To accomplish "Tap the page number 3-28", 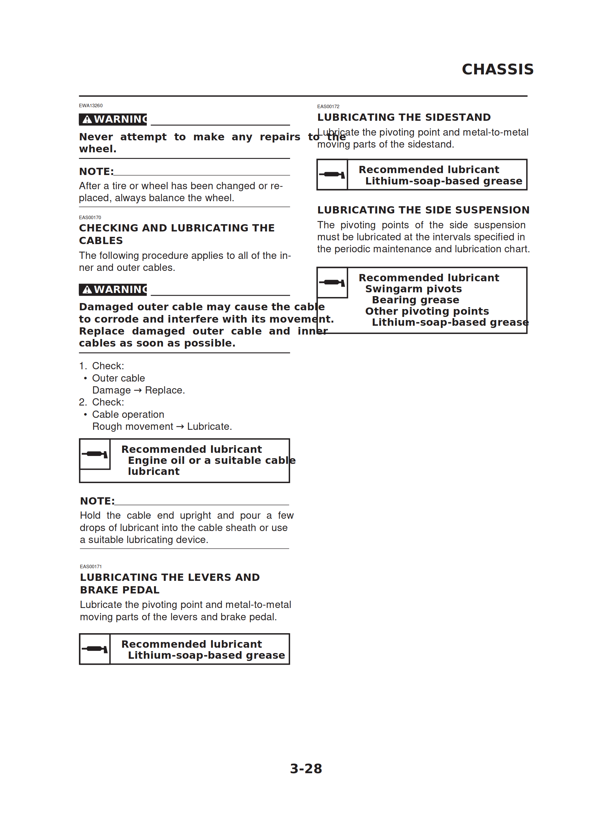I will pos(306,768).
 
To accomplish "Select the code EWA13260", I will pos(91,106).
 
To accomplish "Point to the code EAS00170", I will pos(90,218).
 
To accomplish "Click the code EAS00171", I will pos(91,567).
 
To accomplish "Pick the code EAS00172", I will pos(328,107).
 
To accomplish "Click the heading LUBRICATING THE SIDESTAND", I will pos(404,117).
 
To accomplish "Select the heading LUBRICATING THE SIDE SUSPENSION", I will pos(423,210).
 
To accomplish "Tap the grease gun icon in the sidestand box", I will pos(332,174).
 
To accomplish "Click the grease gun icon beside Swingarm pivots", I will pos(332,283).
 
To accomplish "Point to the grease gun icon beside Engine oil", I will pos(95,454).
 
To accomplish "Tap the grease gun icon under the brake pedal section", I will pos(95,649).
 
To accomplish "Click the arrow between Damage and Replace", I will pos(138,391).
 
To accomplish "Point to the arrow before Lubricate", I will pos(180,427).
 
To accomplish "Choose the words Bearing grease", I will pos(415,300).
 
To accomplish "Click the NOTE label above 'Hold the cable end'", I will pos(97,501).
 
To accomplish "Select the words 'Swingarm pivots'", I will pos(413,289).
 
